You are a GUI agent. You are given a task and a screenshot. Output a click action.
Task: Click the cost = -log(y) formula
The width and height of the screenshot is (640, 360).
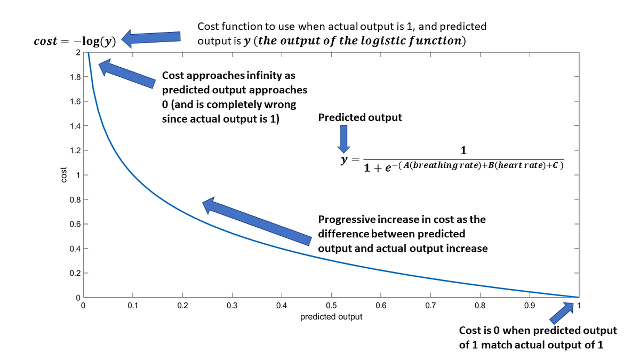click(x=75, y=41)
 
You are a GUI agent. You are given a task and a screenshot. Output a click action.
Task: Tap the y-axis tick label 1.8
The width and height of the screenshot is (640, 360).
click(x=75, y=77)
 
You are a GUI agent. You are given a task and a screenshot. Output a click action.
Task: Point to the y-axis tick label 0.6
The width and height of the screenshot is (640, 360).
click(x=75, y=224)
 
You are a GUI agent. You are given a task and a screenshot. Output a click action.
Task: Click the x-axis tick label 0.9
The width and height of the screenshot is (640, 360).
click(x=530, y=306)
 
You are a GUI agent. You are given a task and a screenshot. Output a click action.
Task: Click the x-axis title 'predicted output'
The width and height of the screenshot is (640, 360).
click(x=331, y=317)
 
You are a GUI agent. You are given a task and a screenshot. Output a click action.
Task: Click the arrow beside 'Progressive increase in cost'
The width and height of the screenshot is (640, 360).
click(x=256, y=221)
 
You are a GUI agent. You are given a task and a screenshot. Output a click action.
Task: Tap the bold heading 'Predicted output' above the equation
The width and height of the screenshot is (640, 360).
click(x=360, y=117)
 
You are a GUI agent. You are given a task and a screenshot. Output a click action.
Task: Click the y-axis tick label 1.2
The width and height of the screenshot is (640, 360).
click(x=75, y=150)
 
